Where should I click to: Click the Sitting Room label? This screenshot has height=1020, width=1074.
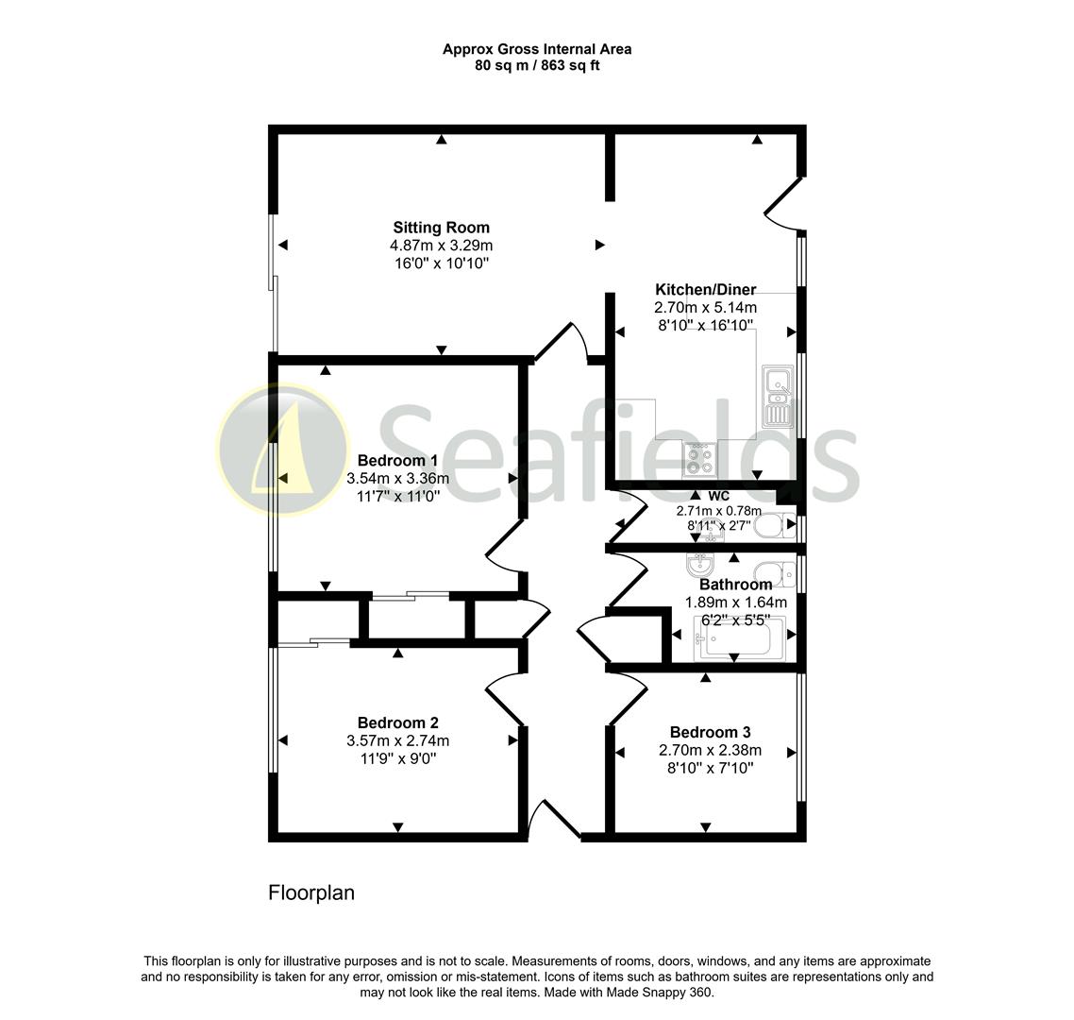coord(441,228)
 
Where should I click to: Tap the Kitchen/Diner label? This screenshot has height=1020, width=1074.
coord(705,290)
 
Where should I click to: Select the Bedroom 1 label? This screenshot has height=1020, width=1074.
coord(397,461)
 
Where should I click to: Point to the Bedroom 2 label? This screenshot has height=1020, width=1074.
coord(397,723)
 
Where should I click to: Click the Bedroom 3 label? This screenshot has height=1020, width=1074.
coord(710,733)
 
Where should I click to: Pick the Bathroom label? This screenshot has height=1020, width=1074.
coord(735,585)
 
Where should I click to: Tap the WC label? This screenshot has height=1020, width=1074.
coord(718,496)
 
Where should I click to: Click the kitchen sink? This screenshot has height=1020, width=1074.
coord(778,397)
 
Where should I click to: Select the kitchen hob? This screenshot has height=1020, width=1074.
coord(699,460)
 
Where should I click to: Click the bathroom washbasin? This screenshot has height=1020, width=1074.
coord(698,566)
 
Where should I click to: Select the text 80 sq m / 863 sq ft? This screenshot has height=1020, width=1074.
coord(537,66)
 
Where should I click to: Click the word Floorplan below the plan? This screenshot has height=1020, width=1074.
coord(311,892)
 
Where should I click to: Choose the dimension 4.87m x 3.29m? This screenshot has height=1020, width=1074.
coord(441,246)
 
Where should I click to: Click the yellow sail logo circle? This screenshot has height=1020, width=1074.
coord(283,449)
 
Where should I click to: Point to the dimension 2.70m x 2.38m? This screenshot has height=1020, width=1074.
coord(710,751)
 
